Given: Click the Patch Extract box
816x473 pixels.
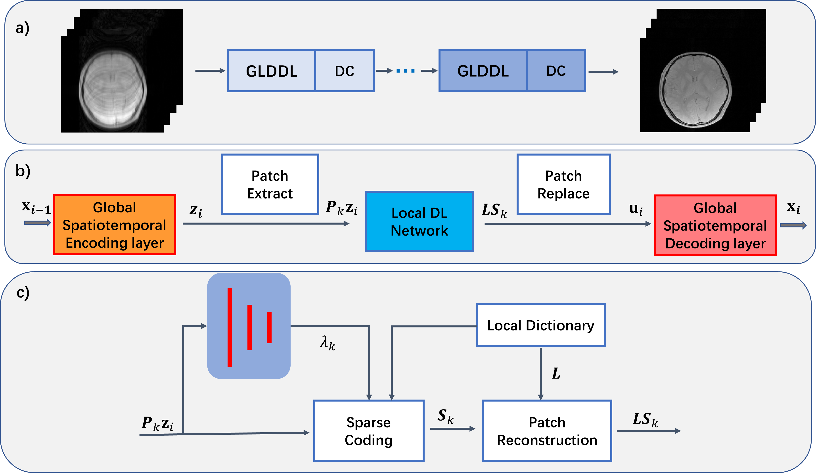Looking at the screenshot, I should [270, 184].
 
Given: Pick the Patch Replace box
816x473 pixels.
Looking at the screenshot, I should [563, 184].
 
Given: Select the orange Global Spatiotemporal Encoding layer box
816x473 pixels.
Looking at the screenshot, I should [115, 225].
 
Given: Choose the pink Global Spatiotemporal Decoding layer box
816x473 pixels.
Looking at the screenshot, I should [715, 225].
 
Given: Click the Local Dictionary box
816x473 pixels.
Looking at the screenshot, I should [540, 325].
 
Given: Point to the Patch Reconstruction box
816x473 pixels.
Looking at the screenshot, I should [547, 431].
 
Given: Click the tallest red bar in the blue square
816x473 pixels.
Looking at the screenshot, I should [230, 327].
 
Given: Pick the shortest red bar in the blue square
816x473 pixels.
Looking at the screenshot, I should [269, 327].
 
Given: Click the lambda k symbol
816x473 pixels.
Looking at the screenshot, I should [327, 343].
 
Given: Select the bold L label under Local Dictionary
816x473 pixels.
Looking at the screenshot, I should [556, 373].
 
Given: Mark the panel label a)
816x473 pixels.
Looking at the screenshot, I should [23, 28].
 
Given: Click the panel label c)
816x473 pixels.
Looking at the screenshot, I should [23, 292].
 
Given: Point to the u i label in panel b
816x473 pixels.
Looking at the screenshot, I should [636, 209].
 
